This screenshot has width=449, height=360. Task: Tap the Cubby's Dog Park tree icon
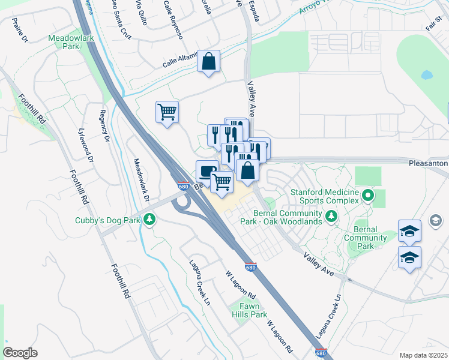[149, 220]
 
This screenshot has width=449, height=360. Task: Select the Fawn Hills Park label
[249, 310]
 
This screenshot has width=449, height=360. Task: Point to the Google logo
[20, 352]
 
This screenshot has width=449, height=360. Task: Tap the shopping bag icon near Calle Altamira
[208, 62]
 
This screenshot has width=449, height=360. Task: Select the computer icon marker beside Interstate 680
[207, 172]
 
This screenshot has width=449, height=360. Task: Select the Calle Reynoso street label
[173, 20]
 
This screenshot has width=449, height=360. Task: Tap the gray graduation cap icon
[434, 222]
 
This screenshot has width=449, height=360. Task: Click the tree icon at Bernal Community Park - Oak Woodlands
[330, 215]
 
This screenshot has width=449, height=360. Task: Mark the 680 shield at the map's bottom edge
[321, 353]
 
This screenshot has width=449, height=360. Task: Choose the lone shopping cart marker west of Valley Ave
[167, 112]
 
